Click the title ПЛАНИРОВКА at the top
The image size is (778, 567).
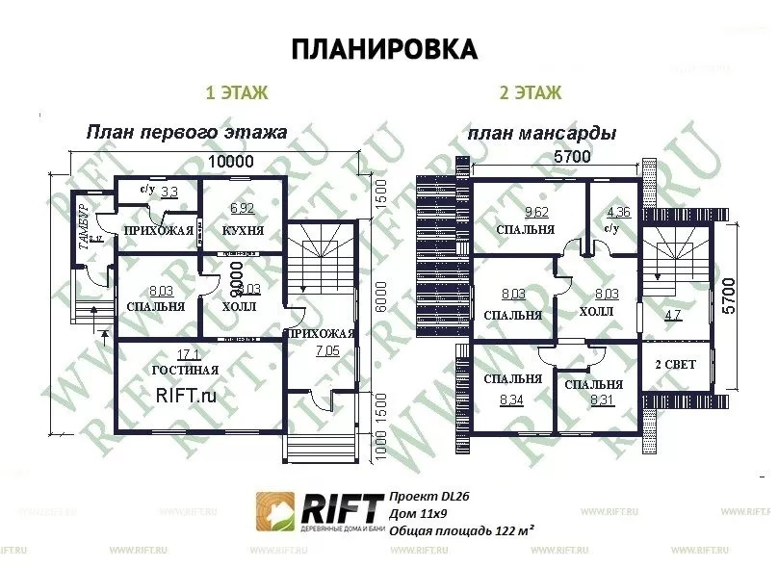pos(383,49)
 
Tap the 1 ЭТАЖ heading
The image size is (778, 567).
pos(236,93)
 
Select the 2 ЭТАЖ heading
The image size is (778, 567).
pos(530,93)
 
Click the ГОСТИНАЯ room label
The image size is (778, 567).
pos(185,370)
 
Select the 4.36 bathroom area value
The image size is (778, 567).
pos(618,212)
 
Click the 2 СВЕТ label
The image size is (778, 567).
pos(675,365)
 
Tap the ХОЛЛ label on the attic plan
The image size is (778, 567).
pos(595,313)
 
